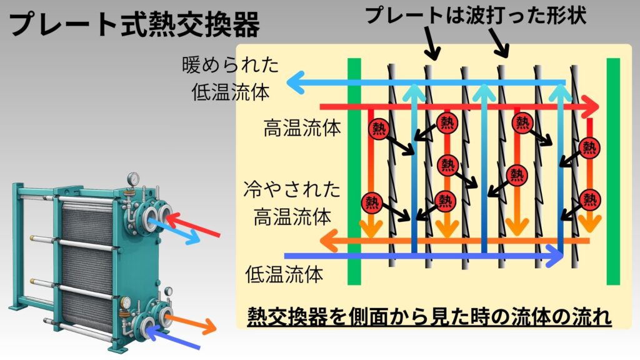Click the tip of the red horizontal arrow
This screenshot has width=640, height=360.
594,107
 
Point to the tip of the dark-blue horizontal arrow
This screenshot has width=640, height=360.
560,255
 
